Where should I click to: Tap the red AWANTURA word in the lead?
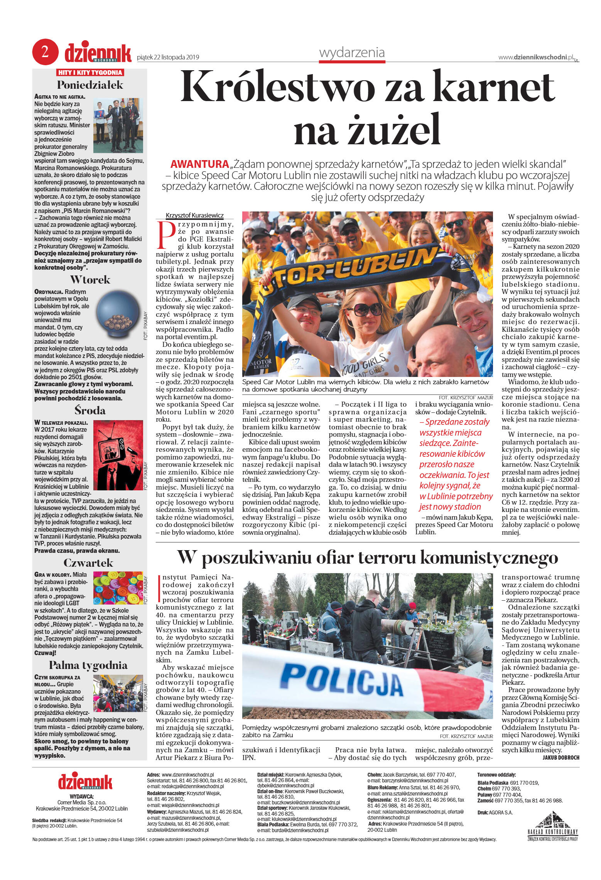pos(199,164)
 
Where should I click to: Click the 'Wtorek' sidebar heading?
pos(90,279)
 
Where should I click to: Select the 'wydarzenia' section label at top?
pos(352,52)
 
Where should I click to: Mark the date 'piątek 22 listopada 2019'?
pos(168,57)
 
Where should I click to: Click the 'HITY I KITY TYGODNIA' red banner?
pos(90,73)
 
